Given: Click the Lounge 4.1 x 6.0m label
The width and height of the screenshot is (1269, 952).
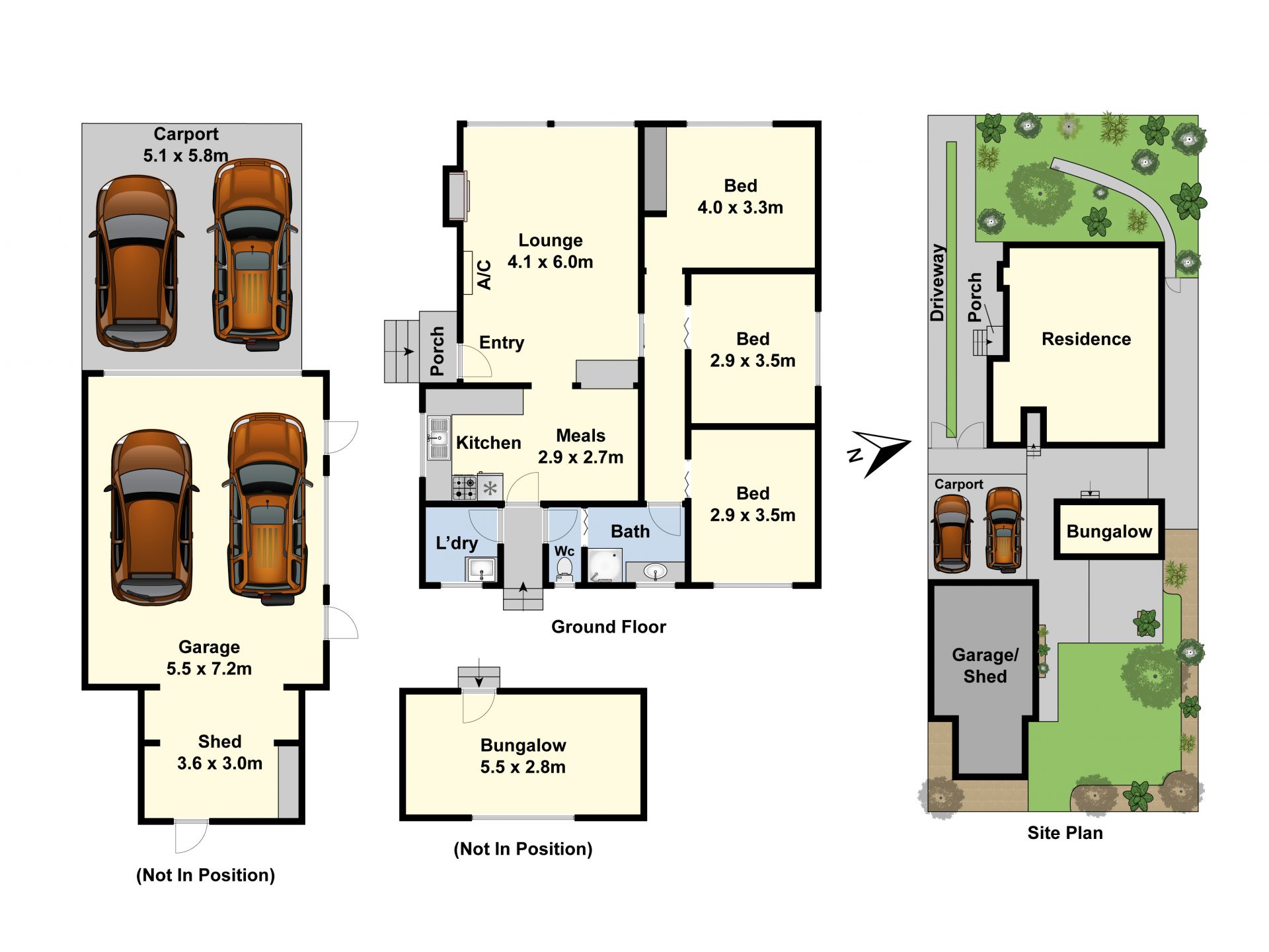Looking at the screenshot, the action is click(550, 251).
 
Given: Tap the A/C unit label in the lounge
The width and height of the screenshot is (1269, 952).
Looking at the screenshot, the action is click(484, 274).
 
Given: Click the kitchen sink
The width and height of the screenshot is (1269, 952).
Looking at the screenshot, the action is click(438, 438).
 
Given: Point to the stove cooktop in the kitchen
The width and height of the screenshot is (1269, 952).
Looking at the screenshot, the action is click(465, 488).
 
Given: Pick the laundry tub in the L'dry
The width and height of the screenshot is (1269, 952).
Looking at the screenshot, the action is click(481, 569).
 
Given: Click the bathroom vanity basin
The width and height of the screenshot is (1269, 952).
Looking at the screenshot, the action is click(655, 572).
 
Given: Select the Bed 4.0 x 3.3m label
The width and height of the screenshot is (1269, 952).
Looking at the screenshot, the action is click(740, 196).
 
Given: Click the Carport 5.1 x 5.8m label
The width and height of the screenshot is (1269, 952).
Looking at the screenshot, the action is click(186, 145).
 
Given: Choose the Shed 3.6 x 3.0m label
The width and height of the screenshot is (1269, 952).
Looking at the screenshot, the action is click(219, 752).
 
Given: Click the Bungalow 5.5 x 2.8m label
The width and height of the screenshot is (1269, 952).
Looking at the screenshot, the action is click(523, 756).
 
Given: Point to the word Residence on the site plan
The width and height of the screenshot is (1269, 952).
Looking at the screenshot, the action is click(1086, 339).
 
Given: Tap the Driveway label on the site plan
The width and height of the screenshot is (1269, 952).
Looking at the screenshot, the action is click(937, 283).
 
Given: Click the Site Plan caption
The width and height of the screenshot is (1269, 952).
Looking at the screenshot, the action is click(1065, 833).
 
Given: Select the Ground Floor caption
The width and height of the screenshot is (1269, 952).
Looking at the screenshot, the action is click(609, 627).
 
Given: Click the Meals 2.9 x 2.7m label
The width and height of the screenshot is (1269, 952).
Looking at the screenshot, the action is click(580, 446).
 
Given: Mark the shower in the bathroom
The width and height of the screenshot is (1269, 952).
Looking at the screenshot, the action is click(605, 565).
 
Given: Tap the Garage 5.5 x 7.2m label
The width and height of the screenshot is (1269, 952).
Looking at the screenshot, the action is click(209, 658).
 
